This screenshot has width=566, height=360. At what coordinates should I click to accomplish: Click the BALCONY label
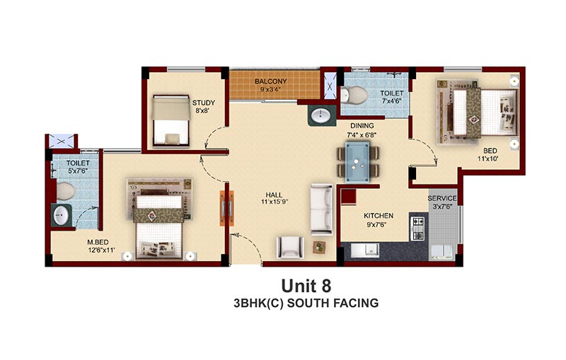271,81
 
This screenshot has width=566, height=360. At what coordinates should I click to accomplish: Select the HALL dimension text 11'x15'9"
275,202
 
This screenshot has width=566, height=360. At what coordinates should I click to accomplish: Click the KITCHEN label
379,216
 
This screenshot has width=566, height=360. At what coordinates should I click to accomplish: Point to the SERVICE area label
442,199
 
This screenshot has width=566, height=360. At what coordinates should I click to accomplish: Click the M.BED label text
98,243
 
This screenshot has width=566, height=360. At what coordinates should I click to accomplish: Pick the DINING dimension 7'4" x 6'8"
362,135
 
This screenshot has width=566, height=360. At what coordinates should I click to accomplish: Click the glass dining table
357,162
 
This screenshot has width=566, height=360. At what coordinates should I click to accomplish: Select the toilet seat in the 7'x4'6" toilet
354,95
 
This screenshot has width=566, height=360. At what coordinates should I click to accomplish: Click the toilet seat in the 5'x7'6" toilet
66,191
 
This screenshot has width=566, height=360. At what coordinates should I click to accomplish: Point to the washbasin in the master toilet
61,216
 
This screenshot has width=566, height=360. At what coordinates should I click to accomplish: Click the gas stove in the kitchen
417,228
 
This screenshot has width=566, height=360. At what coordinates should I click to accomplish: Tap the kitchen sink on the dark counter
365,250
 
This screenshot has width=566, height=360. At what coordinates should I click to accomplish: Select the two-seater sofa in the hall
322,209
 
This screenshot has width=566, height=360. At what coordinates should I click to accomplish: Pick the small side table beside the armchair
319,248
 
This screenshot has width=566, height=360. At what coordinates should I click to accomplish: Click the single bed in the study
171,121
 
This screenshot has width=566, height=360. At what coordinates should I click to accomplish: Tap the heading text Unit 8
306,286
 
